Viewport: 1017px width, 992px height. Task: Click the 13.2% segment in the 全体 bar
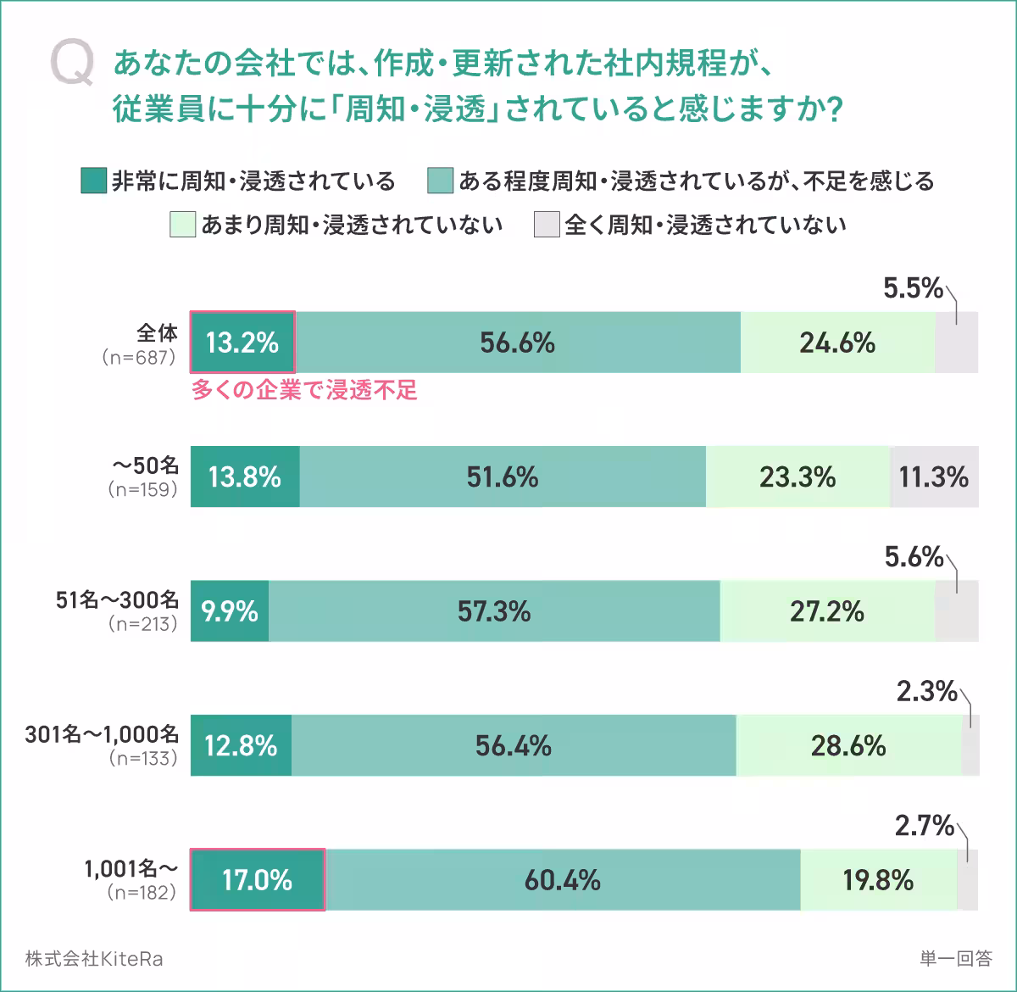[x=242, y=343]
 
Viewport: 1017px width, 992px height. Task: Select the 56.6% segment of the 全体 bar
[x=517, y=343]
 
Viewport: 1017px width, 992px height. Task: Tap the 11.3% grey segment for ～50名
[x=934, y=476]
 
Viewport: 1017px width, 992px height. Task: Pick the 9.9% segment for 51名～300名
[x=230, y=610]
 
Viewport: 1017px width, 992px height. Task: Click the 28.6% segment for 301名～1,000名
[x=848, y=745]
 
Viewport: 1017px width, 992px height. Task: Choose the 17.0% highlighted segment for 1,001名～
[x=258, y=879]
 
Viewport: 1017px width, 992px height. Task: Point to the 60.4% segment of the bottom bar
[x=563, y=879]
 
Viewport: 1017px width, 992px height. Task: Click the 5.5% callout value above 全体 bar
[x=913, y=289]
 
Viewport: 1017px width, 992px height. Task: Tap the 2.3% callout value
[x=926, y=692]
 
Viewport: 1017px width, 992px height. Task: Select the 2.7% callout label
[x=925, y=826]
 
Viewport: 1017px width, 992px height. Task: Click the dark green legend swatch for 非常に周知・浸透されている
[x=93, y=181]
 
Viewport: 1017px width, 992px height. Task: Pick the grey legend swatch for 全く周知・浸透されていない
[x=547, y=225]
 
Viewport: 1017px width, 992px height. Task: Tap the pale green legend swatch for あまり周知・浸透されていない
[x=182, y=225]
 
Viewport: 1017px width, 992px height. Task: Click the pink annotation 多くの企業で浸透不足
[x=304, y=391]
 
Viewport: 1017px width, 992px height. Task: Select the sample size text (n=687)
[x=138, y=357]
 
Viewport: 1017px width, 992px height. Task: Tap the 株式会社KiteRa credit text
[x=94, y=959]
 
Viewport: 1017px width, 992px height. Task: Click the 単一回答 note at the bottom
[x=955, y=959]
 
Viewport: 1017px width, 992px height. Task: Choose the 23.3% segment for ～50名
[x=797, y=476]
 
